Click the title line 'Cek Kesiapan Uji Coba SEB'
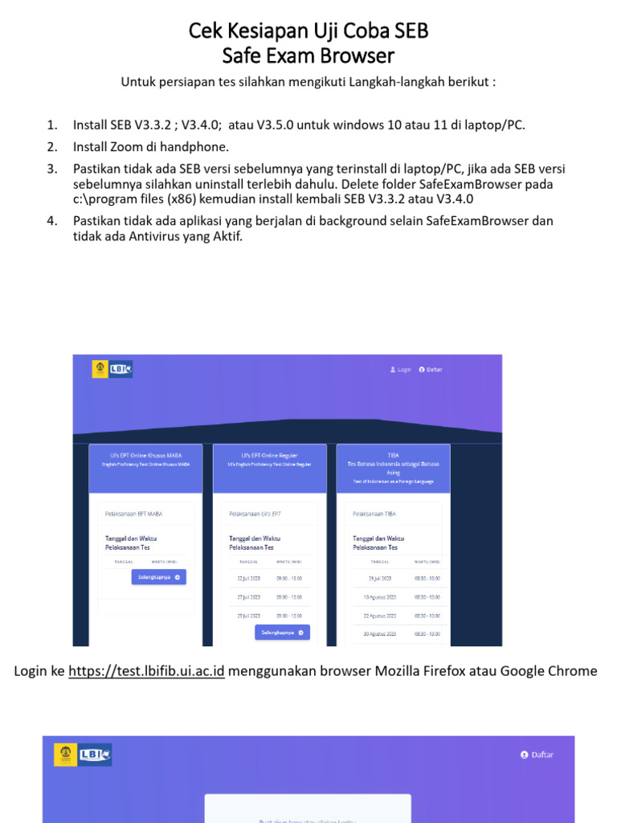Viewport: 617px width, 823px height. click(308, 31)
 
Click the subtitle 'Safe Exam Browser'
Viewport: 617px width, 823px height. click(308, 55)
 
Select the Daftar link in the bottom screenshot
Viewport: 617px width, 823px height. click(537, 755)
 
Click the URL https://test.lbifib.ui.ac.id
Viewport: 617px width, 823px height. click(146, 670)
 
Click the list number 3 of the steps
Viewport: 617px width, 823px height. click(52, 169)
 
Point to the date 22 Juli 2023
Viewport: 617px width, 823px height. click(247, 579)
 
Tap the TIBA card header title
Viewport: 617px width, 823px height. click(393, 455)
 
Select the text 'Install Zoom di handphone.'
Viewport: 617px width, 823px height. click(151, 146)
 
